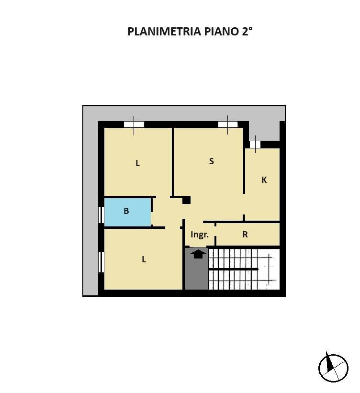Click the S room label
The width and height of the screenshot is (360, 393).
click(211, 161)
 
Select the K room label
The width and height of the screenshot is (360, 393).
click(264, 180)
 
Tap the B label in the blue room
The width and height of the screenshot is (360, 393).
click(126, 211)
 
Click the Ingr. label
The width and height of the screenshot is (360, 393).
click(200, 235)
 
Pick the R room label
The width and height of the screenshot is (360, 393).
click(245, 235)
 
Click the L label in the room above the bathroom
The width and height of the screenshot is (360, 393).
click(137, 163)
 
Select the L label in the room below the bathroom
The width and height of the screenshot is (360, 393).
click(144, 259)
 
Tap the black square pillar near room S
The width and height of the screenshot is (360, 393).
click(186, 200)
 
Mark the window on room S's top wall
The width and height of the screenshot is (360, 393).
click(228, 124)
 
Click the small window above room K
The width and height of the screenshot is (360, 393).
click(255, 144)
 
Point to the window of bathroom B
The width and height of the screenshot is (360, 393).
click(101, 214)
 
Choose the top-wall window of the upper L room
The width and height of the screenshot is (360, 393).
click(134, 124)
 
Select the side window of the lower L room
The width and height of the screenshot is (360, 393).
click(101, 262)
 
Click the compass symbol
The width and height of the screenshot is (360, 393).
click(333, 368)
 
